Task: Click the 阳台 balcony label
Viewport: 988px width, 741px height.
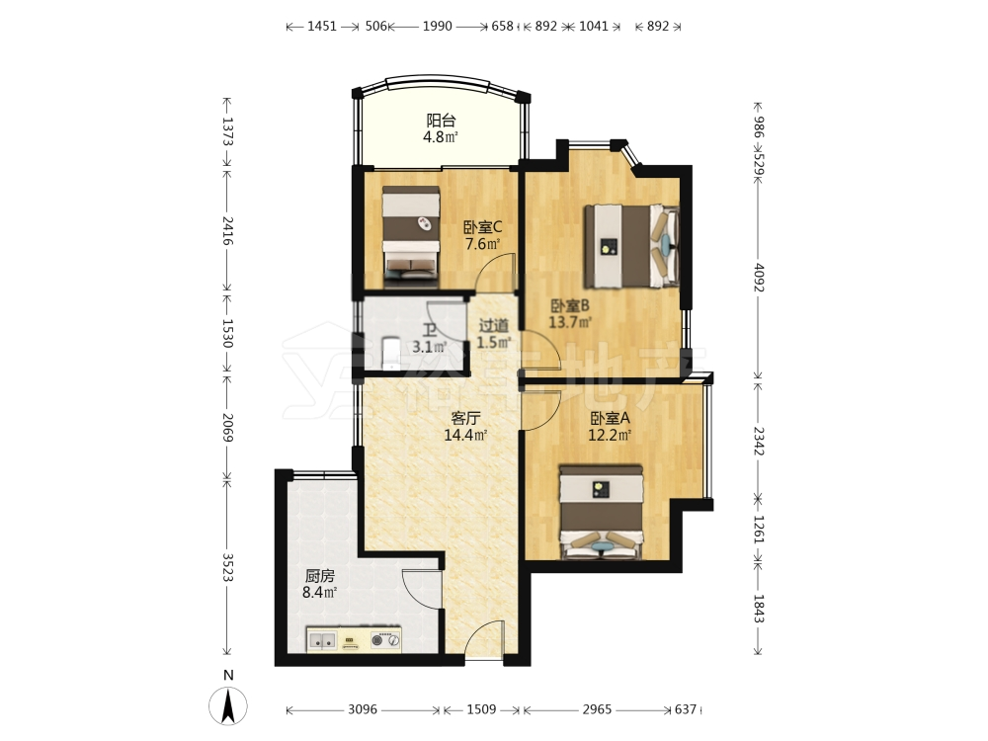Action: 441,121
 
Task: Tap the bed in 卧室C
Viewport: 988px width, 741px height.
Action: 411,232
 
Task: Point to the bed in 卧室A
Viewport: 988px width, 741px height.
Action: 602,512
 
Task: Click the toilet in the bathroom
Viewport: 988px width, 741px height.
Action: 390,354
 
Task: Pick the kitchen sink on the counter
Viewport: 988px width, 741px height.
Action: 323,640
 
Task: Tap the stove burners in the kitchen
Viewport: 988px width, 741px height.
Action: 385,639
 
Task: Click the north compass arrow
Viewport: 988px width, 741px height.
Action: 229,705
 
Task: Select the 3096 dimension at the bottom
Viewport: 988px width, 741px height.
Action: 363,709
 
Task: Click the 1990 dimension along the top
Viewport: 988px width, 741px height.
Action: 438,26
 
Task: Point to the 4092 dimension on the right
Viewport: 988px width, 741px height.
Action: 758,278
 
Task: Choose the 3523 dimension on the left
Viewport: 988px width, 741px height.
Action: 228,568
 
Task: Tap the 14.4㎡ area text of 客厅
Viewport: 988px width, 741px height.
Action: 465,435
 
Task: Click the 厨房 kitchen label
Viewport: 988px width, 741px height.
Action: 319,576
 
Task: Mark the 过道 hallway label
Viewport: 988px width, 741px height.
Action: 493,326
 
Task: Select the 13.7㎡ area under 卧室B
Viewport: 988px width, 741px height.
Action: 570,323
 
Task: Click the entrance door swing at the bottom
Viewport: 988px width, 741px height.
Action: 484,637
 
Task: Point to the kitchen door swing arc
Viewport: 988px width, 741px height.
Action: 421,588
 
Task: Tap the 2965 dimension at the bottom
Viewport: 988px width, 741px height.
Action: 597,709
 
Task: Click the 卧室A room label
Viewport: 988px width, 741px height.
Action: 610,418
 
